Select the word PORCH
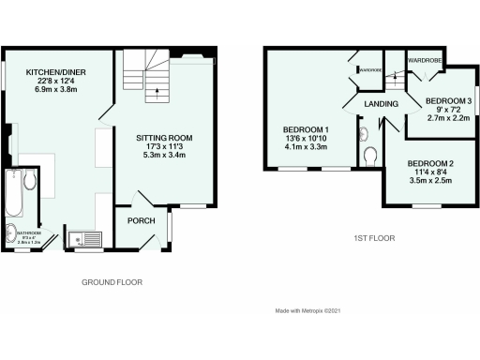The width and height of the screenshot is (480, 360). (140, 220)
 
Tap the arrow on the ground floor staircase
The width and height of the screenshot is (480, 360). (156, 92)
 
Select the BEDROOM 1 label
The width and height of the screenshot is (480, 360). (307, 128)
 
